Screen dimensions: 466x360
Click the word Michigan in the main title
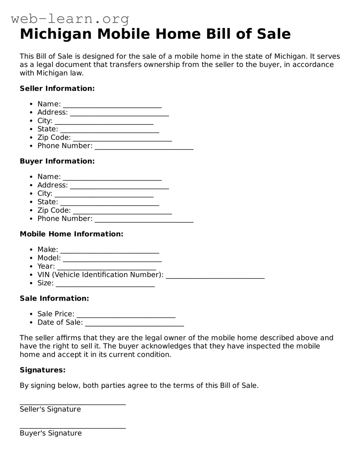[55, 34]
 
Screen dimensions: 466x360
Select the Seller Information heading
[57, 88]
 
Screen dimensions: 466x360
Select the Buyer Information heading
[57, 161]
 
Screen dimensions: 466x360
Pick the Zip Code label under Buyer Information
[54, 210]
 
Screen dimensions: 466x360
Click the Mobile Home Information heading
[72, 234]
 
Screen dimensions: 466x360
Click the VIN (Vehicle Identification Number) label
[100, 275]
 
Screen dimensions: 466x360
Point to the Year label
[46, 266]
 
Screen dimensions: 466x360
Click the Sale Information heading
[54, 298]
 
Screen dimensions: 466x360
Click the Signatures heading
[42, 370]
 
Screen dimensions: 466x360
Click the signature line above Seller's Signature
[73, 404]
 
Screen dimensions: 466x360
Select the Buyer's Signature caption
[51, 433]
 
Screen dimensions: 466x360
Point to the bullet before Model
[31, 258]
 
